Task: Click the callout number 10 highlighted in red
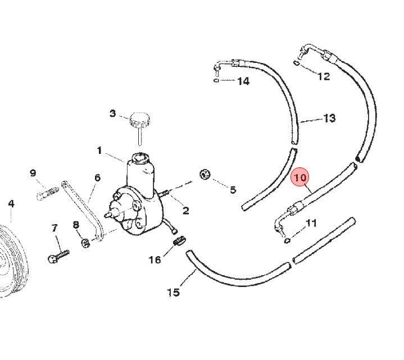click(x=299, y=177)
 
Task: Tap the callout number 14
click(x=243, y=81)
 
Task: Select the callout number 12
click(x=324, y=76)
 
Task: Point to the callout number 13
click(x=329, y=118)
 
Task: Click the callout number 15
click(x=174, y=292)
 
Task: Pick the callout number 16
click(x=155, y=260)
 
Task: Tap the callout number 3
click(x=112, y=113)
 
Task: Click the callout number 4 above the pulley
click(x=11, y=204)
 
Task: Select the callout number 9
click(x=33, y=173)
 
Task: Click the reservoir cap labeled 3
click(x=140, y=120)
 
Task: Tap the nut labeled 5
click(x=205, y=175)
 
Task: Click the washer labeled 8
click(x=85, y=242)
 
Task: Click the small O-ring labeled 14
click(x=216, y=81)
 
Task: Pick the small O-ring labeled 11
click(x=287, y=241)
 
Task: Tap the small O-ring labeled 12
click(x=296, y=62)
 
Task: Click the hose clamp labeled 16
click(x=180, y=241)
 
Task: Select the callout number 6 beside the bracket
click(x=97, y=177)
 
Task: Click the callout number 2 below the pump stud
click(x=186, y=211)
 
